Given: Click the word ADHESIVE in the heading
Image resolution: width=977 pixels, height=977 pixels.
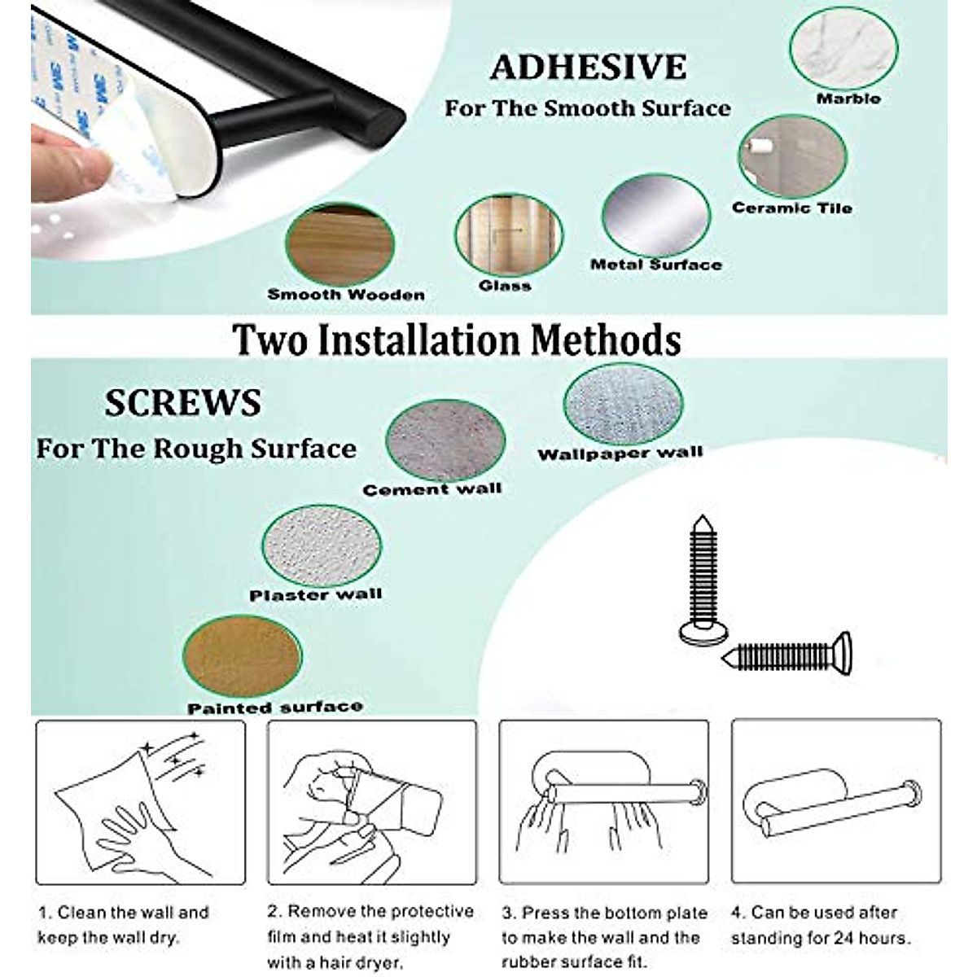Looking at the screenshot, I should tap(588, 68).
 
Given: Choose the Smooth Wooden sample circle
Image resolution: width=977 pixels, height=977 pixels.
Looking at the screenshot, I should tap(340, 243).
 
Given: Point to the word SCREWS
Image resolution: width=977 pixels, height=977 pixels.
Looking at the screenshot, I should tap(182, 404).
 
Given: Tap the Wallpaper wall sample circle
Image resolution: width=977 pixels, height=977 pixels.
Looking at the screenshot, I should tap(623, 405).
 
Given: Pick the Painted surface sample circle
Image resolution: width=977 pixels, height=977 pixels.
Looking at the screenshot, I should tap(243, 658).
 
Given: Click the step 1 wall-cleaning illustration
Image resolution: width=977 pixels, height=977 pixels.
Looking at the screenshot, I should tap(140, 802).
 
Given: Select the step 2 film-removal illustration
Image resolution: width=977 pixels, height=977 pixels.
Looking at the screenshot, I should tap(372, 802).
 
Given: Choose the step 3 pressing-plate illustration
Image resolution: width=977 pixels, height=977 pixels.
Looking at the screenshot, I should tap(603, 802).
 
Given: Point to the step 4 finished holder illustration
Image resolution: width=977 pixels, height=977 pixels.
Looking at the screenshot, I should tap(835, 802).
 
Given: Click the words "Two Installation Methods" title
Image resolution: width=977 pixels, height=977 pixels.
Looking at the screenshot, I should tap(458, 340).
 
